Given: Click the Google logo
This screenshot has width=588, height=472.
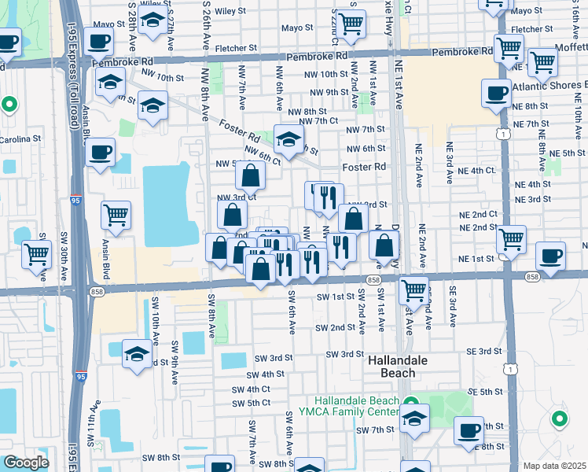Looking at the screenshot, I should click(x=25, y=463).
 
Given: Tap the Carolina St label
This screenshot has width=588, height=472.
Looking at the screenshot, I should click(x=20, y=139).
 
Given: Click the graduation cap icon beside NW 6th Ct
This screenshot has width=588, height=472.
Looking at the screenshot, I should click(x=288, y=139).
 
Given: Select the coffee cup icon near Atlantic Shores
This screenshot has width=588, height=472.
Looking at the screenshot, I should click(x=497, y=93).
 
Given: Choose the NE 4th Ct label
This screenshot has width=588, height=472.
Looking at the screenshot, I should click(x=469, y=170).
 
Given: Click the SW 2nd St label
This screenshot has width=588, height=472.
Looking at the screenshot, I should click(x=336, y=327).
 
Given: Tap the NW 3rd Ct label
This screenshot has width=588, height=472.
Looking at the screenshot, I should click(x=236, y=197).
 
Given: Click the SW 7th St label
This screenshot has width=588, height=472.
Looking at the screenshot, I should click(x=374, y=430).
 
